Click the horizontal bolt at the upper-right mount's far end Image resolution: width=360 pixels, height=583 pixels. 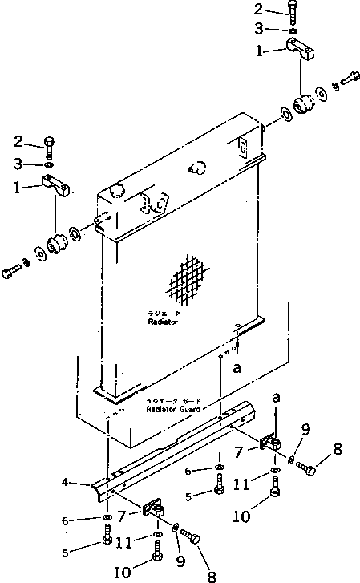351,79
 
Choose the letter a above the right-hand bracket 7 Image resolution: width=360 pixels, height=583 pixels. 276,398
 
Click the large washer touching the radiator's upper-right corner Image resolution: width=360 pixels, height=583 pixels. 286,115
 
